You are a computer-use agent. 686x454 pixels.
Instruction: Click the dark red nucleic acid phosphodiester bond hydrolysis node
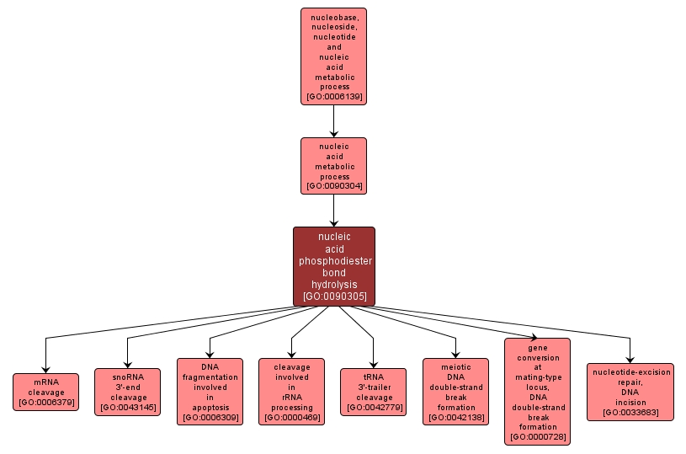click(333, 265)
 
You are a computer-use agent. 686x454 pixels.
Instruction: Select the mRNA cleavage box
click(45, 392)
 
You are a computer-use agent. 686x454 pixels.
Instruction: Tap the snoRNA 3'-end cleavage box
click(126, 392)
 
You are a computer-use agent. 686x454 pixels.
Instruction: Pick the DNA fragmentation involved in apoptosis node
click(210, 391)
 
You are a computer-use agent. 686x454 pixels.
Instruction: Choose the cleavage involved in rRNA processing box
click(291, 391)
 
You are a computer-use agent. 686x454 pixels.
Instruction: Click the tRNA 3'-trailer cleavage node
click(374, 392)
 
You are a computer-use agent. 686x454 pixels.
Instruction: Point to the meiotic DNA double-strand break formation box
click(456, 391)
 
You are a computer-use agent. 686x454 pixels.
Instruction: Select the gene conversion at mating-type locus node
click(537, 391)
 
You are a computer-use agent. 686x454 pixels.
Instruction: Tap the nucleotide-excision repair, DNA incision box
click(630, 392)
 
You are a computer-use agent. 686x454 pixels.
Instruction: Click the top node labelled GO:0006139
click(333, 56)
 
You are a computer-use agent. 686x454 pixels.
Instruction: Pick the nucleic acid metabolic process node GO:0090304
click(333, 166)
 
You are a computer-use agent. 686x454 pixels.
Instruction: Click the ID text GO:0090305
click(333, 296)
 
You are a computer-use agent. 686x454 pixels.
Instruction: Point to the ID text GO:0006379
click(45, 403)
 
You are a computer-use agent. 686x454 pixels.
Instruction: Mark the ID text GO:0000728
click(537, 436)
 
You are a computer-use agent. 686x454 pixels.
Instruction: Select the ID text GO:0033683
click(630, 413)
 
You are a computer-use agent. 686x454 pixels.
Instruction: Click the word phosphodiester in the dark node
click(333, 261)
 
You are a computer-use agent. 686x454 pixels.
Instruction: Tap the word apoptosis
click(210, 408)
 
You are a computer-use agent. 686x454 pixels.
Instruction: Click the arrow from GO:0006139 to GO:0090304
click(333, 121)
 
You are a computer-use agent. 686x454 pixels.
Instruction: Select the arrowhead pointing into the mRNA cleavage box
click(45, 368)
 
